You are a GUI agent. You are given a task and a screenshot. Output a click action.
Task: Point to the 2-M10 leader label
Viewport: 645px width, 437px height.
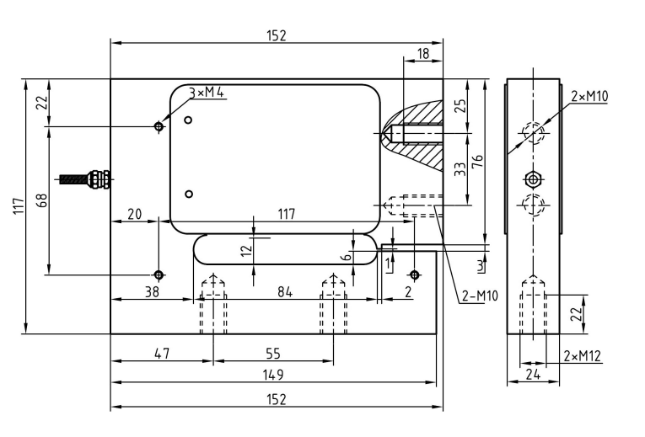[x=480, y=296]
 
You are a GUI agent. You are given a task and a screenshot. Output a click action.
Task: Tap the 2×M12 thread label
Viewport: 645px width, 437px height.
[x=582, y=356]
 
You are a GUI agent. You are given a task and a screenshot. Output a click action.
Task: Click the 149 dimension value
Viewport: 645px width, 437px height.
[x=273, y=374]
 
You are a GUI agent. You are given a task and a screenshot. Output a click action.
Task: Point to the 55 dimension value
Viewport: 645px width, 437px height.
[x=273, y=354]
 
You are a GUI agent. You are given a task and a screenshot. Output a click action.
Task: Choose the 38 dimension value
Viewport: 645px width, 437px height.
[x=151, y=291]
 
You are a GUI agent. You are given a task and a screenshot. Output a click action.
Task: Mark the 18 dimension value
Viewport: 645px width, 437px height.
[x=423, y=53]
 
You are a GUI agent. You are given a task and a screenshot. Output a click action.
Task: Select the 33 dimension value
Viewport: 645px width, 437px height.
[x=460, y=168]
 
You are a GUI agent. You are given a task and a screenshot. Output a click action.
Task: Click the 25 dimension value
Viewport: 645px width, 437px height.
[x=460, y=106]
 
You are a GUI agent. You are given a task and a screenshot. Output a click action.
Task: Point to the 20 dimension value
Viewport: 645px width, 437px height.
[x=134, y=214]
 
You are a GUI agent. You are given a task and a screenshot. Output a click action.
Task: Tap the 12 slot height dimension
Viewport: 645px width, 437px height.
[x=245, y=250]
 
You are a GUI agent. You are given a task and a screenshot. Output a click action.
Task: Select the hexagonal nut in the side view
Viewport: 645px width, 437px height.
[x=533, y=179]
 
